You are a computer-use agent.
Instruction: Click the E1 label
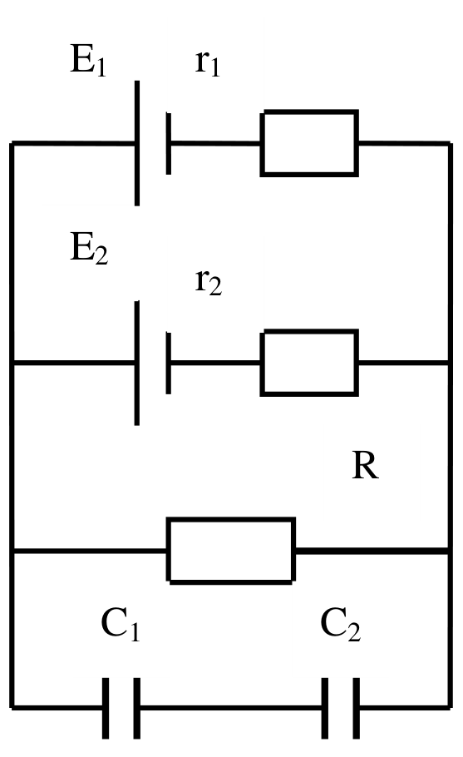[88, 60]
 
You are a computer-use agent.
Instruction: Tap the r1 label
[208, 62]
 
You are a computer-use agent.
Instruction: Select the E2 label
[89, 248]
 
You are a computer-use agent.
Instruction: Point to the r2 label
[209, 282]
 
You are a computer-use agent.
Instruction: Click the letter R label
[365, 466]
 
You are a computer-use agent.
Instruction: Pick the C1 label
[121, 624]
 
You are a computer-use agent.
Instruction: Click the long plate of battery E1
[137, 143]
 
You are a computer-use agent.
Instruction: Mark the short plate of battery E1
[168, 143]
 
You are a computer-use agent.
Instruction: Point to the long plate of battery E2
[137, 363]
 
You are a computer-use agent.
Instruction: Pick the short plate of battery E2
[168, 363]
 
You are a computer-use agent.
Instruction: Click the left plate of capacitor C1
[106, 708]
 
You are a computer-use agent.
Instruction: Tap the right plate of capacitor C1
[137, 708]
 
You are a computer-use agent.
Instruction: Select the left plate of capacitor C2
[324, 708]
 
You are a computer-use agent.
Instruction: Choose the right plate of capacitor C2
[356, 708]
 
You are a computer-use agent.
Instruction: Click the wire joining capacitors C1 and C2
[231, 708]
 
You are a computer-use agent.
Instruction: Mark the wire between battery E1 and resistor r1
[216, 143]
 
